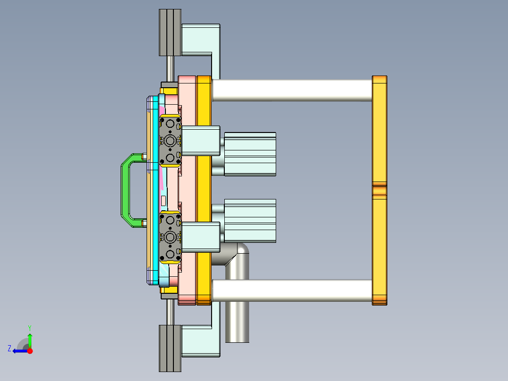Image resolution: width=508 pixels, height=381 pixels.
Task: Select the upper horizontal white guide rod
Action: coord(292,90)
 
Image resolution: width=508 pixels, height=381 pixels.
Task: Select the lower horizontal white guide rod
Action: coord(292,291)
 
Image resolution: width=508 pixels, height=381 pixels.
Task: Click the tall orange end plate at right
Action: coord(379,132)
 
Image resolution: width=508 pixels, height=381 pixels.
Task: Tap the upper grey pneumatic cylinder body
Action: coord(250,154)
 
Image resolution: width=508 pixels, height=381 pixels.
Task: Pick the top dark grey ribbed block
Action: coord(170,32)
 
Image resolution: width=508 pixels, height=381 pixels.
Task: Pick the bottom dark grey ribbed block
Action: coord(170,348)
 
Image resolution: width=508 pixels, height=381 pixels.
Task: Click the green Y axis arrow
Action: coord(30,339)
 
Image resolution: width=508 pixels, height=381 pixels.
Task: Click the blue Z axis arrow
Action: coord(19,351)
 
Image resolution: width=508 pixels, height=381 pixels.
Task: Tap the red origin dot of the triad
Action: coord(30,351)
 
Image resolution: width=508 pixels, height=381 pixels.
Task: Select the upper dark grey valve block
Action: coord(170,141)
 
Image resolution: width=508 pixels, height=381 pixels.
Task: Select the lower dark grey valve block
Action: coord(170,237)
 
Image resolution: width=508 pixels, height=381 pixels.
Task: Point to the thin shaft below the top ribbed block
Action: coord(170,68)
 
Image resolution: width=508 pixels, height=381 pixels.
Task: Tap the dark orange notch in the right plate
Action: coord(379,190)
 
